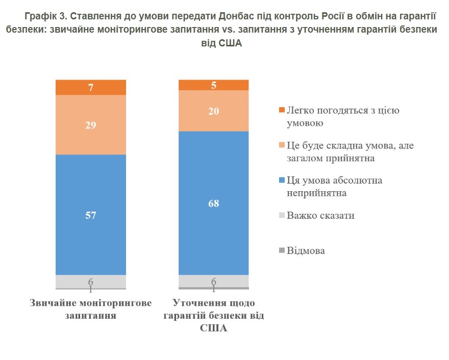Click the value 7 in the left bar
(90, 88)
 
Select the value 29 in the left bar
(90, 125)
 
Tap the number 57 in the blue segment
(90, 215)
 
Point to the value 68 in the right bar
(214, 203)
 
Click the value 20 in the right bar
(214, 111)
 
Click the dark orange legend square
(281, 111)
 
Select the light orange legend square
(281, 146)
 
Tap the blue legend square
(281, 181)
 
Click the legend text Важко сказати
(320, 216)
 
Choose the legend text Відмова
(306, 251)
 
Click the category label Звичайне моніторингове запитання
(90, 309)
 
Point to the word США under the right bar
(213, 328)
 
